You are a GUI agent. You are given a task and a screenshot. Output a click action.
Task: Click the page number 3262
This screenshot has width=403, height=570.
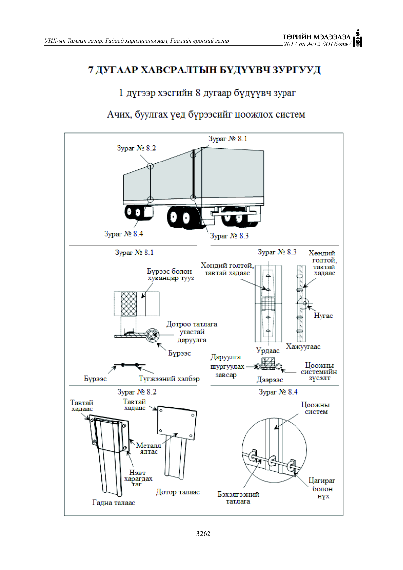(203, 534)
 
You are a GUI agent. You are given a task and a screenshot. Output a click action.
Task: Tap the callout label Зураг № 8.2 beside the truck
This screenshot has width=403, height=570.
(136, 148)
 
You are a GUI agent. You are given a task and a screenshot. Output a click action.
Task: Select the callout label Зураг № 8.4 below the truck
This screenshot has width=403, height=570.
(123, 234)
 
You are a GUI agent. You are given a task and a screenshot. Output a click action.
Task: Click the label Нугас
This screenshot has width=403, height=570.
(323, 316)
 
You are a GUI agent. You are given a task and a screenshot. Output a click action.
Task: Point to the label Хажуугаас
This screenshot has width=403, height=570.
(303, 347)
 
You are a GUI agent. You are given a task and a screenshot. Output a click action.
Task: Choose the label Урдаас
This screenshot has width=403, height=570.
(268, 351)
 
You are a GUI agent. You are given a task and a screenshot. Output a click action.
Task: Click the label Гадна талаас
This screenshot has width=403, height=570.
(114, 503)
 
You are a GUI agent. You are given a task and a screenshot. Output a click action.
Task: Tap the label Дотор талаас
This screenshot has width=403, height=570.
(178, 492)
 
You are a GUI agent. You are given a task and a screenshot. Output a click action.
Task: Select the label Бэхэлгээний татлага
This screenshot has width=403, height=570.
(238, 498)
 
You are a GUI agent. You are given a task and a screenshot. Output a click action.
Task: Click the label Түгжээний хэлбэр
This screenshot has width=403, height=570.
(169, 379)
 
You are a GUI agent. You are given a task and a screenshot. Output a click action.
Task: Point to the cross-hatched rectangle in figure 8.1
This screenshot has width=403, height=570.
(129, 304)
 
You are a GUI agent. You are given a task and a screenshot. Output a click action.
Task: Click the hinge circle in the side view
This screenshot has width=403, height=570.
(305, 304)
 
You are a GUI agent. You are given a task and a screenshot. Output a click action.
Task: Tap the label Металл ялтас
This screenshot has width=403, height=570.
(149, 448)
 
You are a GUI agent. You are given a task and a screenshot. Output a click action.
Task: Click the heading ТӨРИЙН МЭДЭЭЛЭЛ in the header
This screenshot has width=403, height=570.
(317, 37)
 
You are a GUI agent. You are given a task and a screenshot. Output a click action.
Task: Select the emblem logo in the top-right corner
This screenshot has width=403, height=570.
(358, 38)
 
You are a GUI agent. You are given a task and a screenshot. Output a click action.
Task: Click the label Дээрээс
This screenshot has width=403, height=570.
(270, 380)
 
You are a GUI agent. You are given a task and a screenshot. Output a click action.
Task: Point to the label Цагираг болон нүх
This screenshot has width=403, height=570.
(322, 488)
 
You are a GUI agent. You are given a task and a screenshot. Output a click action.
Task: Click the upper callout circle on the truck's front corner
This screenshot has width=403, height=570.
(193, 155)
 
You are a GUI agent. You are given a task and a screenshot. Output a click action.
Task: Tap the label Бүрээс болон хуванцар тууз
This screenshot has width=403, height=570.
(170, 275)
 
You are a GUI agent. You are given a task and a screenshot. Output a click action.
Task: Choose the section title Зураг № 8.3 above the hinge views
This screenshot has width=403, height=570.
(277, 252)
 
